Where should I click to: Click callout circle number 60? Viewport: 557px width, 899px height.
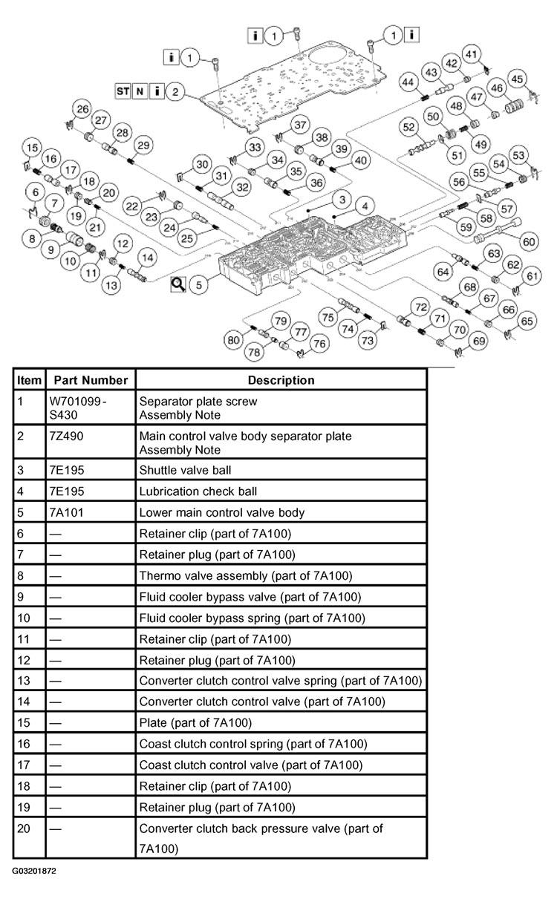pyautogui.click(x=529, y=241)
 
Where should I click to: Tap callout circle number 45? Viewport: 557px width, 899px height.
pyautogui.click(x=517, y=79)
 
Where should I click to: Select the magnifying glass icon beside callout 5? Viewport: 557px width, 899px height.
pyautogui.click(x=178, y=284)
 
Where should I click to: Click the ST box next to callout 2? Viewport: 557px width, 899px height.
pyautogui.click(x=123, y=91)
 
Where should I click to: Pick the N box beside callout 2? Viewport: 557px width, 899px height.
pyautogui.click(x=140, y=91)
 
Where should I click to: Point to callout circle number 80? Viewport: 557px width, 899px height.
pyautogui.click(x=233, y=340)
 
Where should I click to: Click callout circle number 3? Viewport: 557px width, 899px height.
pyautogui.click(x=342, y=200)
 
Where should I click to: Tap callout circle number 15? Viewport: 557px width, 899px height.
pyautogui.click(x=32, y=148)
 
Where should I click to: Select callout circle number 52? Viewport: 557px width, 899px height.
pyautogui.click(x=408, y=127)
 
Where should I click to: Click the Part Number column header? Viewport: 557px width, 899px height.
pyautogui.click(x=91, y=380)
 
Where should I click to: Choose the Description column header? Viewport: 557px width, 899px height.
pyautogui.click(x=281, y=380)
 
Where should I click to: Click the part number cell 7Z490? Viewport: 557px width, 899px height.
pyautogui.click(x=66, y=437)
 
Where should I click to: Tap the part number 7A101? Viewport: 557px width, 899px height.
pyautogui.click(x=66, y=512)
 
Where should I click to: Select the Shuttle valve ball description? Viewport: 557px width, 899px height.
pyautogui.click(x=185, y=471)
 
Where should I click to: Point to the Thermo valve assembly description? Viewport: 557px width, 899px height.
pyautogui.click(x=246, y=576)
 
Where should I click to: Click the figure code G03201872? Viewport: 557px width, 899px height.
pyautogui.click(x=34, y=871)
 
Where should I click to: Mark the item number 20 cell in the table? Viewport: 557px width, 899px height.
pyautogui.click(x=24, y=828)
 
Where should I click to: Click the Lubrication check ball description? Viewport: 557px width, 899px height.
pyautogui.click(x=198, y=491)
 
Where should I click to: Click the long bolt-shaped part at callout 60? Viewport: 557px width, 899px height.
pyautogui.click(x=498, y=230)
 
